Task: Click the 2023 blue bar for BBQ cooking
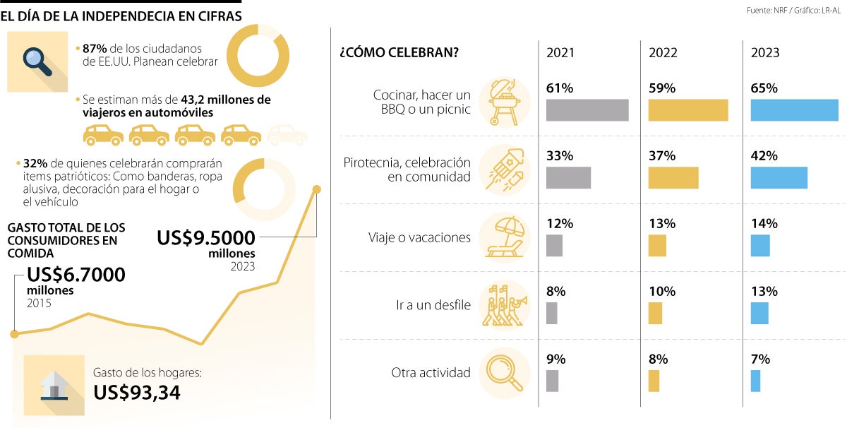pyautogui.click(x=794, y=110)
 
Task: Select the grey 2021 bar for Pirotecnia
pyautogui.click(x=568, y=178)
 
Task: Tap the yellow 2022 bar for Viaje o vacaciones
pyautogui.click(x=657, y=246)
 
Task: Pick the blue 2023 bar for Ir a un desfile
pyautogui.click(x=759, y=313)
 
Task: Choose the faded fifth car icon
pyautogui.click(x=287, y=134)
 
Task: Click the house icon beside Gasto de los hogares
pyautogui.click(x=54, y=384)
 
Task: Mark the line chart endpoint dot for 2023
pyautogui.click(x=316, y=189)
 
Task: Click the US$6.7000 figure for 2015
pyautogui.click(x=76, y=275)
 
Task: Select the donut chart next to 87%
pyautogui.click(x=258, y=56)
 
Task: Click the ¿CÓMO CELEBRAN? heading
pyautogui.click(x=398, y=54)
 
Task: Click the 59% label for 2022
pyautogui.click(x=662, y=88)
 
